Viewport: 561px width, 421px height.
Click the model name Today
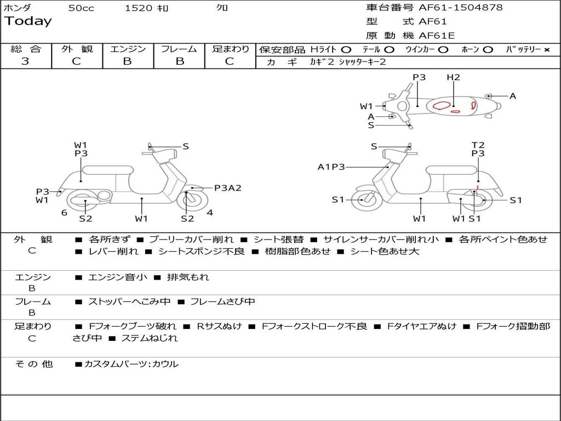(x=28, y=21)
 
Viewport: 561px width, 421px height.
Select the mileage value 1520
(x=139, y=8)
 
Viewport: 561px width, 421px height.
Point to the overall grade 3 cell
(x=25, y=61)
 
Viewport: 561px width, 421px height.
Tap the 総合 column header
(x=26, y=49)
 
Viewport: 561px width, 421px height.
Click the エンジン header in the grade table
(x=128, y=49)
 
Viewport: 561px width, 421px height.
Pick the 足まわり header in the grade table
(x=230, y=49)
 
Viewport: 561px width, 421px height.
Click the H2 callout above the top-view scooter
(x=453, y=78)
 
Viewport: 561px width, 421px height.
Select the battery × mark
(x=546, y=50)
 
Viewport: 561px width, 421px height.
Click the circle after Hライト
(x=346, y=50)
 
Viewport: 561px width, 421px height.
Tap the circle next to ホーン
(x=488, y=50)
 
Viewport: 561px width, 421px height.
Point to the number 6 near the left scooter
(x=64, y=213)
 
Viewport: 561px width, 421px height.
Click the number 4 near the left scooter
(x=210, y=213)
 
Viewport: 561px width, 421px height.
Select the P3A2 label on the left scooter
(x=227, y=188)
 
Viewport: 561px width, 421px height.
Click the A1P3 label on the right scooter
(x=331, y=167)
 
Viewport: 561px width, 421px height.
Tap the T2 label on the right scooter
(x=478, y=145)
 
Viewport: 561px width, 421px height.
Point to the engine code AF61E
(x=437, y=36)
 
